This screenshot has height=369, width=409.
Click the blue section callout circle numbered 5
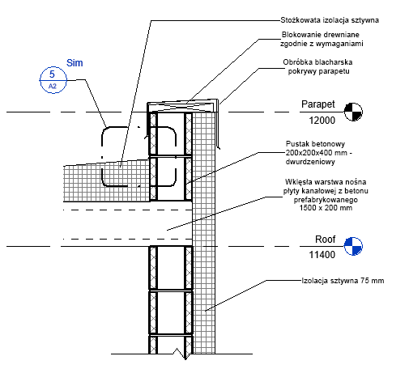[x=53, y=67]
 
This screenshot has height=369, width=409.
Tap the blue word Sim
[x=75, y=63]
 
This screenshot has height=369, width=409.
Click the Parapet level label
[x=318, y=104]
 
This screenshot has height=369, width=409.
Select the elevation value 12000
[x=322, y=121]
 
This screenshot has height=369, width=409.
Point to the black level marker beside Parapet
[x=353, y=112]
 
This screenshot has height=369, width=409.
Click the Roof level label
[x=325, y=240]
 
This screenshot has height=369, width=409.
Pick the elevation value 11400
[x=322, y=255]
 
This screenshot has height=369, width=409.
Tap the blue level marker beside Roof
[x=353, y=246]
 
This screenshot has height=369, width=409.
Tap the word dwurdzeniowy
[x=310, y=162]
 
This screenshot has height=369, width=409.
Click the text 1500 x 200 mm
[x=326, y=208]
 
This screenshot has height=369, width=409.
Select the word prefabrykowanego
[x=326, y=200]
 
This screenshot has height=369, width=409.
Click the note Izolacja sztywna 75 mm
[x=343, y=281]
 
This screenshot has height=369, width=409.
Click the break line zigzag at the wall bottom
[x=181, y=354]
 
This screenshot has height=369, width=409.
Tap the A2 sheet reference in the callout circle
[x=53, y=87]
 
